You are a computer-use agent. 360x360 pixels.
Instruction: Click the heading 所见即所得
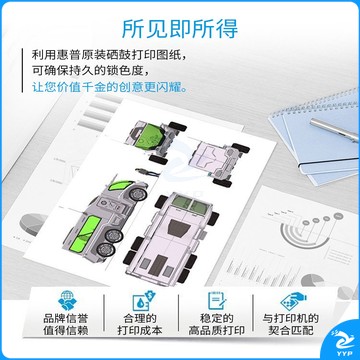click(180, 28)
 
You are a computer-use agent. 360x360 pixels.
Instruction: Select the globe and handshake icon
click(67, 300)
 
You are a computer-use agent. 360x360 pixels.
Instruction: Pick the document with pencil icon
click(216, 300)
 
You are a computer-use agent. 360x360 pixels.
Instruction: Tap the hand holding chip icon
click(293, 301)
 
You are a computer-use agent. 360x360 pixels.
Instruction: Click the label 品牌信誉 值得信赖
click(67, 325)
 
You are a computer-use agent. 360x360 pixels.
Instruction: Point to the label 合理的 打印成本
click(140, 325)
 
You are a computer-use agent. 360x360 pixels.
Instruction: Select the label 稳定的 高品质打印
click(217, 325)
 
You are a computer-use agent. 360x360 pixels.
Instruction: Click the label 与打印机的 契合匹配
click(291, 325)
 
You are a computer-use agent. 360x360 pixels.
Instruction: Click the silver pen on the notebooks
click(334, 130)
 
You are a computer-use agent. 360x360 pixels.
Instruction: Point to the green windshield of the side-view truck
click(119, 185)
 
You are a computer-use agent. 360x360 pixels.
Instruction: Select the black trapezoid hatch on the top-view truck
click(180, 228)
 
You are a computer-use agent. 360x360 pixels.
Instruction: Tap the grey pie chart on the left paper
click(33, 224)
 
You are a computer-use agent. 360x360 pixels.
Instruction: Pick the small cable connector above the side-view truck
click(147, 172)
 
